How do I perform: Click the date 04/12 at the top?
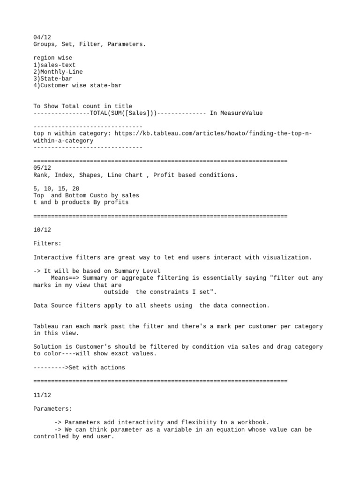(x=42, y=37)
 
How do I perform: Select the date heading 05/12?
(x=42, y=168)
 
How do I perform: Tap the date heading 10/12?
(x=42, y=230)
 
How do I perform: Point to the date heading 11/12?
(x=42, y=395)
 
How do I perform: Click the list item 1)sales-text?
(x=54, y=65)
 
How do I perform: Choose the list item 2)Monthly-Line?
(x=58, y=72)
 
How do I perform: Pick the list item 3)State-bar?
(x=52, y=79)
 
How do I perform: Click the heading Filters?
(x=47, y=244)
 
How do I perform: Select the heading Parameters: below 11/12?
(x=52, y=409)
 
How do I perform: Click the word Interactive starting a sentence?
(x=54, y=257)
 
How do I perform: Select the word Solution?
(x=49, y=347)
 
